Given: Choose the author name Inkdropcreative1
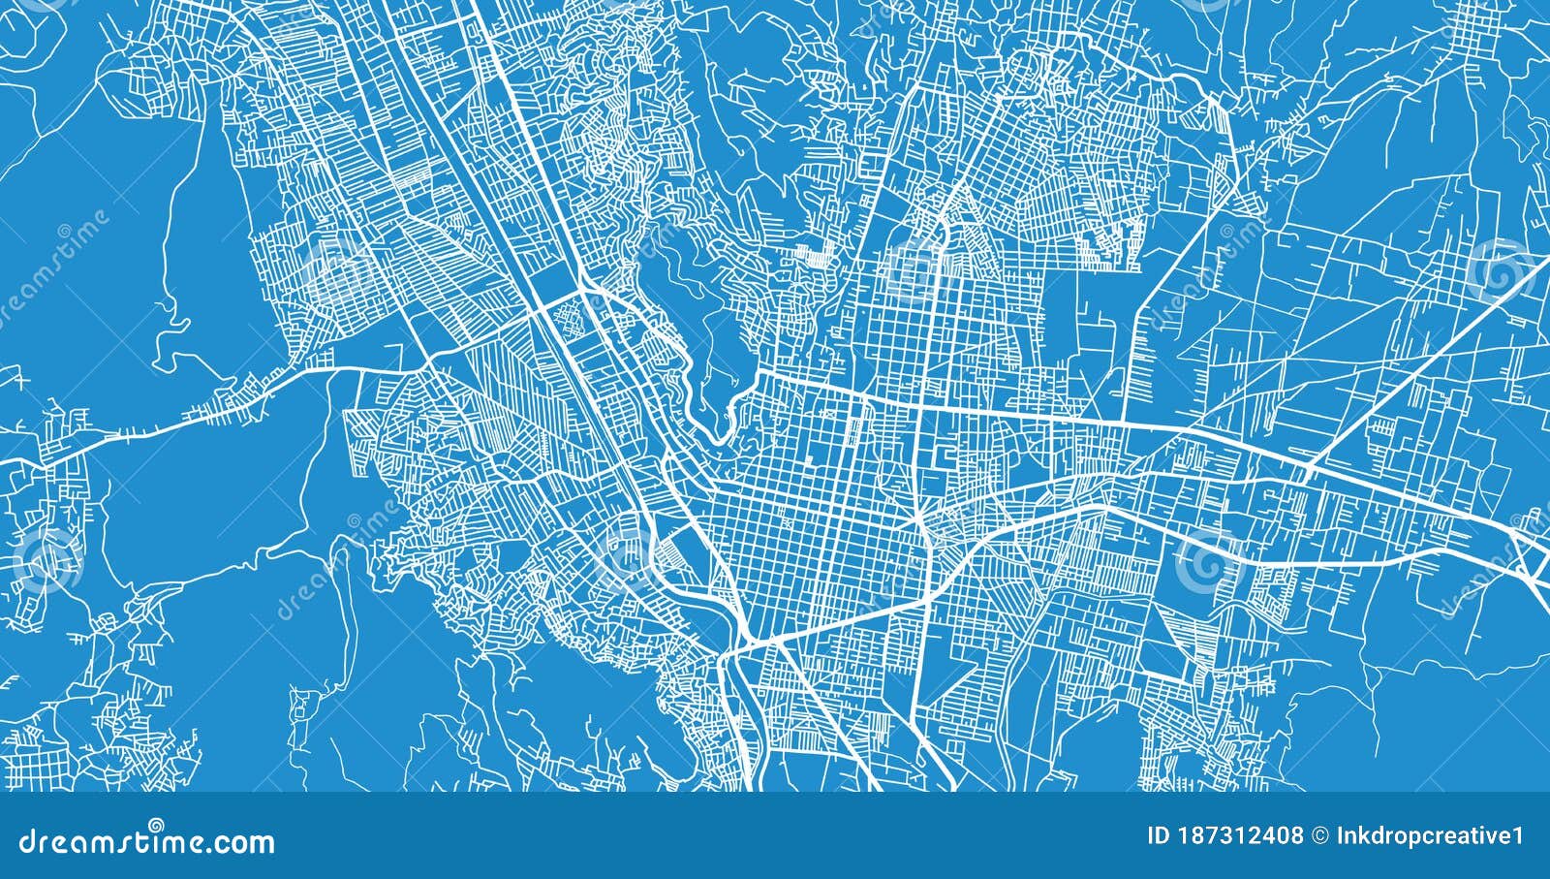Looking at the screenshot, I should pyautogui.click(x=1430, y=835).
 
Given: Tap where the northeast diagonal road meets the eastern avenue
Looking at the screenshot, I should pyautogui.click(x=1308, y=470).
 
